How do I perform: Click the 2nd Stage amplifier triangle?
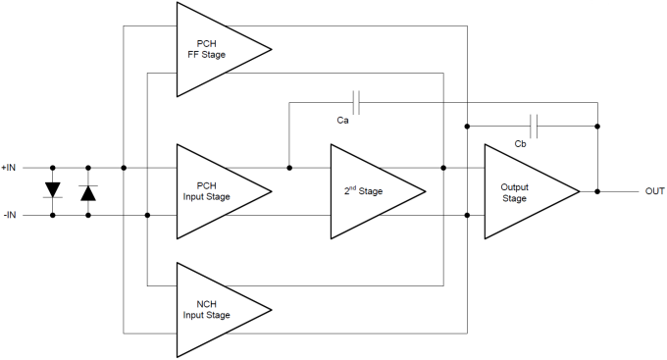373,191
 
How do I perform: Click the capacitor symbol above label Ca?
357,102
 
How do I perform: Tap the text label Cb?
521,144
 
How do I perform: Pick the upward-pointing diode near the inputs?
88,191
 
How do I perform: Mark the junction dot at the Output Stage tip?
597,191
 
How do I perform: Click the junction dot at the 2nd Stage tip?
443,168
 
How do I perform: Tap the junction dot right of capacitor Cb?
597,126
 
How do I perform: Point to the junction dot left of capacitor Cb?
467,126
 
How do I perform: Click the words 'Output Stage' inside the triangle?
514,192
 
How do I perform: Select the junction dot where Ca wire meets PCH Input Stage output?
288,168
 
